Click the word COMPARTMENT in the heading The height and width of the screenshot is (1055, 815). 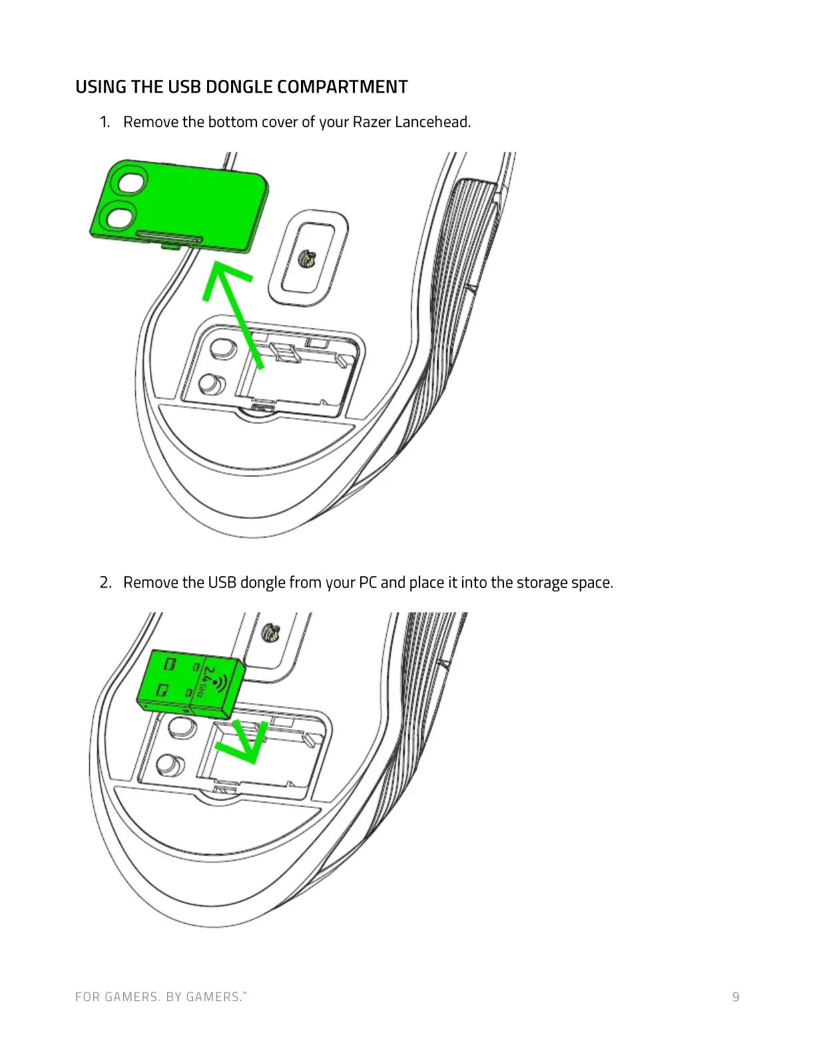tap(342, 87)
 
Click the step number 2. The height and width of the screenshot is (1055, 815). tap(105, 583)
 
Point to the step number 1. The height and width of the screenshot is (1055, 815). tap(104, 122)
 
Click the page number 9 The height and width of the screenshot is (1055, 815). tap(735, 997)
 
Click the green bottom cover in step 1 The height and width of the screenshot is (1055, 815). tap(200, 206)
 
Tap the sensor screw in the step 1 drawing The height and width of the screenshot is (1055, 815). tap(308, 257)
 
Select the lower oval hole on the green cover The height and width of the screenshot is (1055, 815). tap(122, 216)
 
